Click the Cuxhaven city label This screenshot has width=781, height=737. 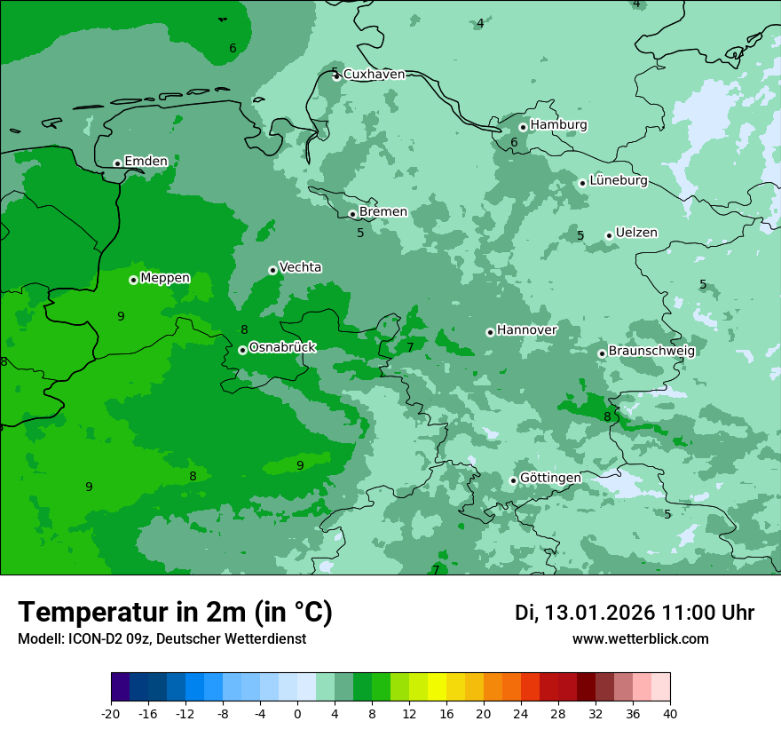374,75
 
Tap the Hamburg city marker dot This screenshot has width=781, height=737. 524,127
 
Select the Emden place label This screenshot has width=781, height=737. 146,161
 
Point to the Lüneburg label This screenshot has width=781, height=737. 618,180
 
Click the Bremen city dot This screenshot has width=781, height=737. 352,214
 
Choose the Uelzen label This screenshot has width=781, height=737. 636,233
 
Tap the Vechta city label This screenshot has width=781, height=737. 300,267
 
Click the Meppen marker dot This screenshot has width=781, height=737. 133,280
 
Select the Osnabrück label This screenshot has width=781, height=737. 282,347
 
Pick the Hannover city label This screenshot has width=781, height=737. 526,330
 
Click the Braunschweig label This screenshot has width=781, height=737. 651,351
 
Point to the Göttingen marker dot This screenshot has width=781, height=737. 513,480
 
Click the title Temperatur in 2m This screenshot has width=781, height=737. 175,612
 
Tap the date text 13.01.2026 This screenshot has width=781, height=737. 599,613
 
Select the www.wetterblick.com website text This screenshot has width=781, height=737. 640,638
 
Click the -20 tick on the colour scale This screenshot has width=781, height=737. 111,713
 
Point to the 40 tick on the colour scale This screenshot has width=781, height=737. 670,713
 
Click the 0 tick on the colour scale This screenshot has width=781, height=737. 297,713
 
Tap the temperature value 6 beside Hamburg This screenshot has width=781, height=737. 513,142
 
